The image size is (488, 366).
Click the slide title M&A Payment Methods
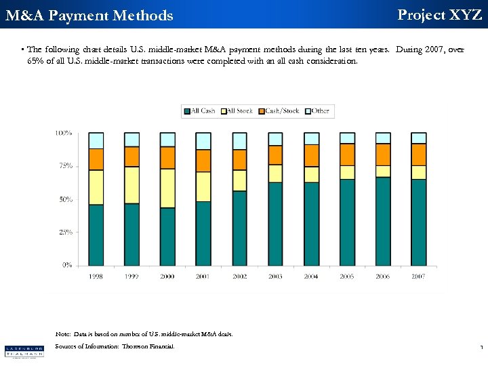pos(89,15)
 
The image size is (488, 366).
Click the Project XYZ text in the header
pos(439,14)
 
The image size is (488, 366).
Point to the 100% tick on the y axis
pos(64,133)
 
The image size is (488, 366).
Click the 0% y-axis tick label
pos(67,265)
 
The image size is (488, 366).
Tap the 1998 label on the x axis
pos(96,276)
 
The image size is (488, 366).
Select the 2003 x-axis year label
pos(274,276)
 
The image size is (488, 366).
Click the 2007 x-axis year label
pos(418,276)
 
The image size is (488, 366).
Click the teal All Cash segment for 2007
pos(418,222)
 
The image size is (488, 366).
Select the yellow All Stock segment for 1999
pos(131,184)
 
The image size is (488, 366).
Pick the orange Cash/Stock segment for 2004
pos(311,155)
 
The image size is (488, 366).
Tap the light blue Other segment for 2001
pos(203,140)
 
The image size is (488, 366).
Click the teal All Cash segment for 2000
pos(167,236)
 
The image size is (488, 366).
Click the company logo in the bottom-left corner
pos(24,350)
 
